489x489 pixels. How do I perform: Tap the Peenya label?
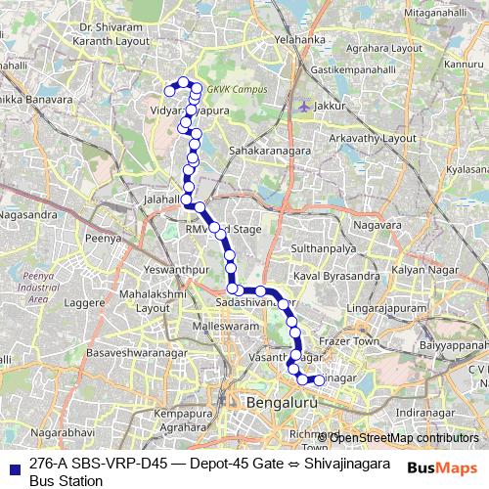pyautogui.click(x=102, y=237)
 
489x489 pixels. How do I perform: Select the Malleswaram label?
pyautogui.click(x=223, y=324)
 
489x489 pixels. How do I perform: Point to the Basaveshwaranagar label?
pyautogui.click(x=133, y=350)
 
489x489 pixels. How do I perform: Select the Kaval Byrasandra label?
pyautogui.click(x=337, y=277)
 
